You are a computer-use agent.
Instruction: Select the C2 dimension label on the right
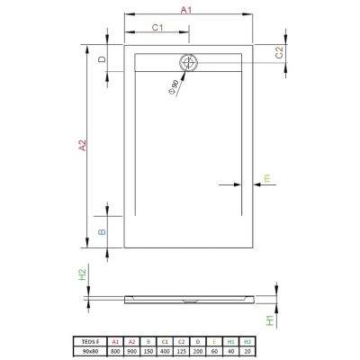tap(279, 51)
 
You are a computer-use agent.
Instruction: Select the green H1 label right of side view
tap(269, 319)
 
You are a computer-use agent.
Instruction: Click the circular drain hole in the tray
tap(190, 63)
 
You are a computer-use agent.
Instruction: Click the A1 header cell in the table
tap(114, 342)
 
